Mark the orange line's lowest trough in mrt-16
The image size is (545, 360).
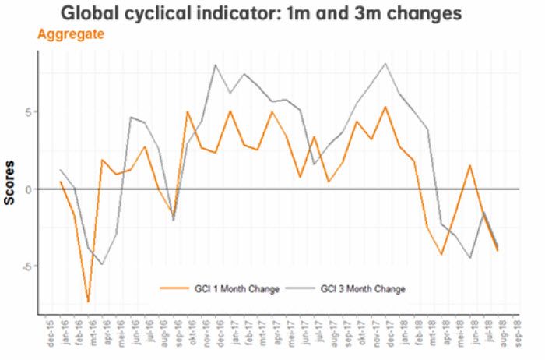tap(89, 302)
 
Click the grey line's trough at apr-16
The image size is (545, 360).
tap(103, 264)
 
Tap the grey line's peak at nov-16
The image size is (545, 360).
tap(215, 65)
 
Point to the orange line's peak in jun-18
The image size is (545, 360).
tap(470, 165)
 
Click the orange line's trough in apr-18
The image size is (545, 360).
tap(442, 254)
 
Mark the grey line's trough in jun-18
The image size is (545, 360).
tap(470, 258)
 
